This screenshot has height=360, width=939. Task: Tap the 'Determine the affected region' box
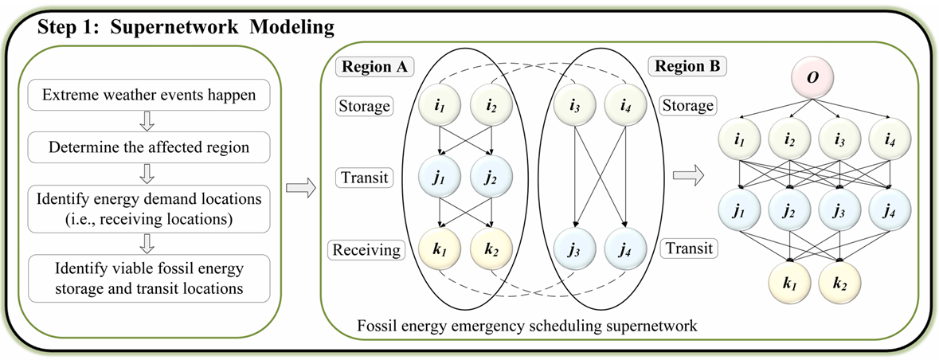coord(149,147)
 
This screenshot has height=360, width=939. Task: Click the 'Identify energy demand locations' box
coord(149,205)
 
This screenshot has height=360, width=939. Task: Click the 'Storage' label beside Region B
coord(687,105)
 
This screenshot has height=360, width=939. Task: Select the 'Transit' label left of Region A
coord(365,177)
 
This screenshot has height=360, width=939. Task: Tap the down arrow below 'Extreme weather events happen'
coord(149,122)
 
